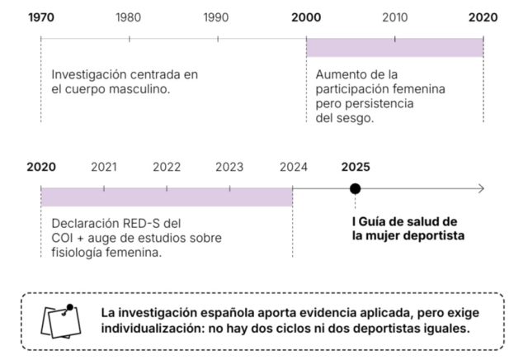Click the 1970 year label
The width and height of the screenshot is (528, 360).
(41, 17)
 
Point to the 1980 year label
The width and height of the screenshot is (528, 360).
(129, 17)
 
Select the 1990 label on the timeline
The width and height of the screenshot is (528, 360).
(216, 17)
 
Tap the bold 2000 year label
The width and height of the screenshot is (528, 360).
(306, 17)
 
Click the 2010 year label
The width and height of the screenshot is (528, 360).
(394, 17)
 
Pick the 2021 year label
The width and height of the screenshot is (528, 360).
(104, 167)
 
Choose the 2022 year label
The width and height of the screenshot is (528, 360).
(167, 167)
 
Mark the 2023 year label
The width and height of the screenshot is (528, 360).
(229, 167)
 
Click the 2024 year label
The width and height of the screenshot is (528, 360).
(293, 167)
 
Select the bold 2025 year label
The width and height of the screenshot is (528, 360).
(356, 167)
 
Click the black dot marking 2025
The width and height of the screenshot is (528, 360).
(356, 189)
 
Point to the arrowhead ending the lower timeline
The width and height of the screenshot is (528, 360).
(481, 189)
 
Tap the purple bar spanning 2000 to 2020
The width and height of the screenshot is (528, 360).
(394, 48)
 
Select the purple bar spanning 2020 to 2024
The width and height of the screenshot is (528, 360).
(167, 197)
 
